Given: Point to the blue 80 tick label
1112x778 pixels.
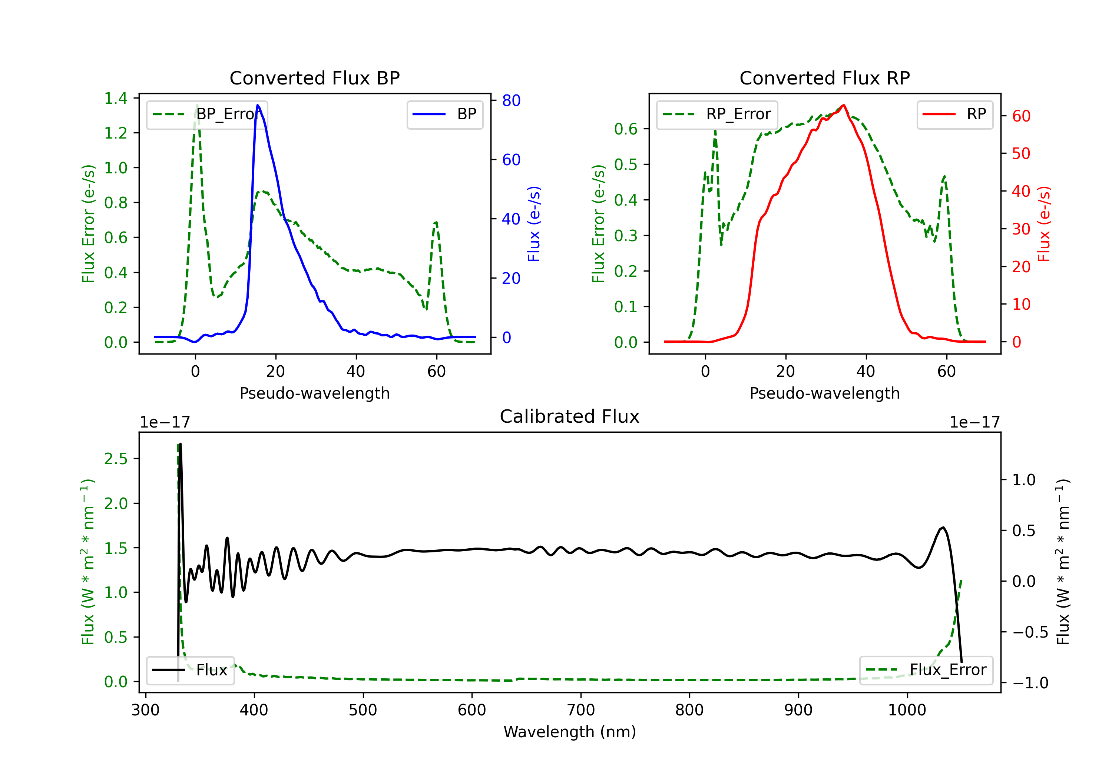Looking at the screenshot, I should (x=511, y=101).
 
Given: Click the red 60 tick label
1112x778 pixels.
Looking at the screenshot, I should (x=1021, y=116).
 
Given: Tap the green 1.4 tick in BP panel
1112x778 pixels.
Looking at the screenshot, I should (x=116, y=98).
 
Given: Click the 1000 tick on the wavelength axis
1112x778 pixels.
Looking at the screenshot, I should (x=907, y=710).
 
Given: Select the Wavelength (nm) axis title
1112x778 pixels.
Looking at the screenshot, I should (x=570, y=732).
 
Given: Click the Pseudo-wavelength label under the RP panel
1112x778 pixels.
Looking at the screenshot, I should (x=824, y=393).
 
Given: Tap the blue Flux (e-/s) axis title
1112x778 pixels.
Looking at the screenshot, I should (x=534, y=224).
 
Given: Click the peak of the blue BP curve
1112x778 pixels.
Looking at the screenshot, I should (x=258, y=105).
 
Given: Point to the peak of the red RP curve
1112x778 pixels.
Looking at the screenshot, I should (x=844, y=105).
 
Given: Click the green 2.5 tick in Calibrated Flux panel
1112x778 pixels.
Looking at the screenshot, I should (x=116, y=459).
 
